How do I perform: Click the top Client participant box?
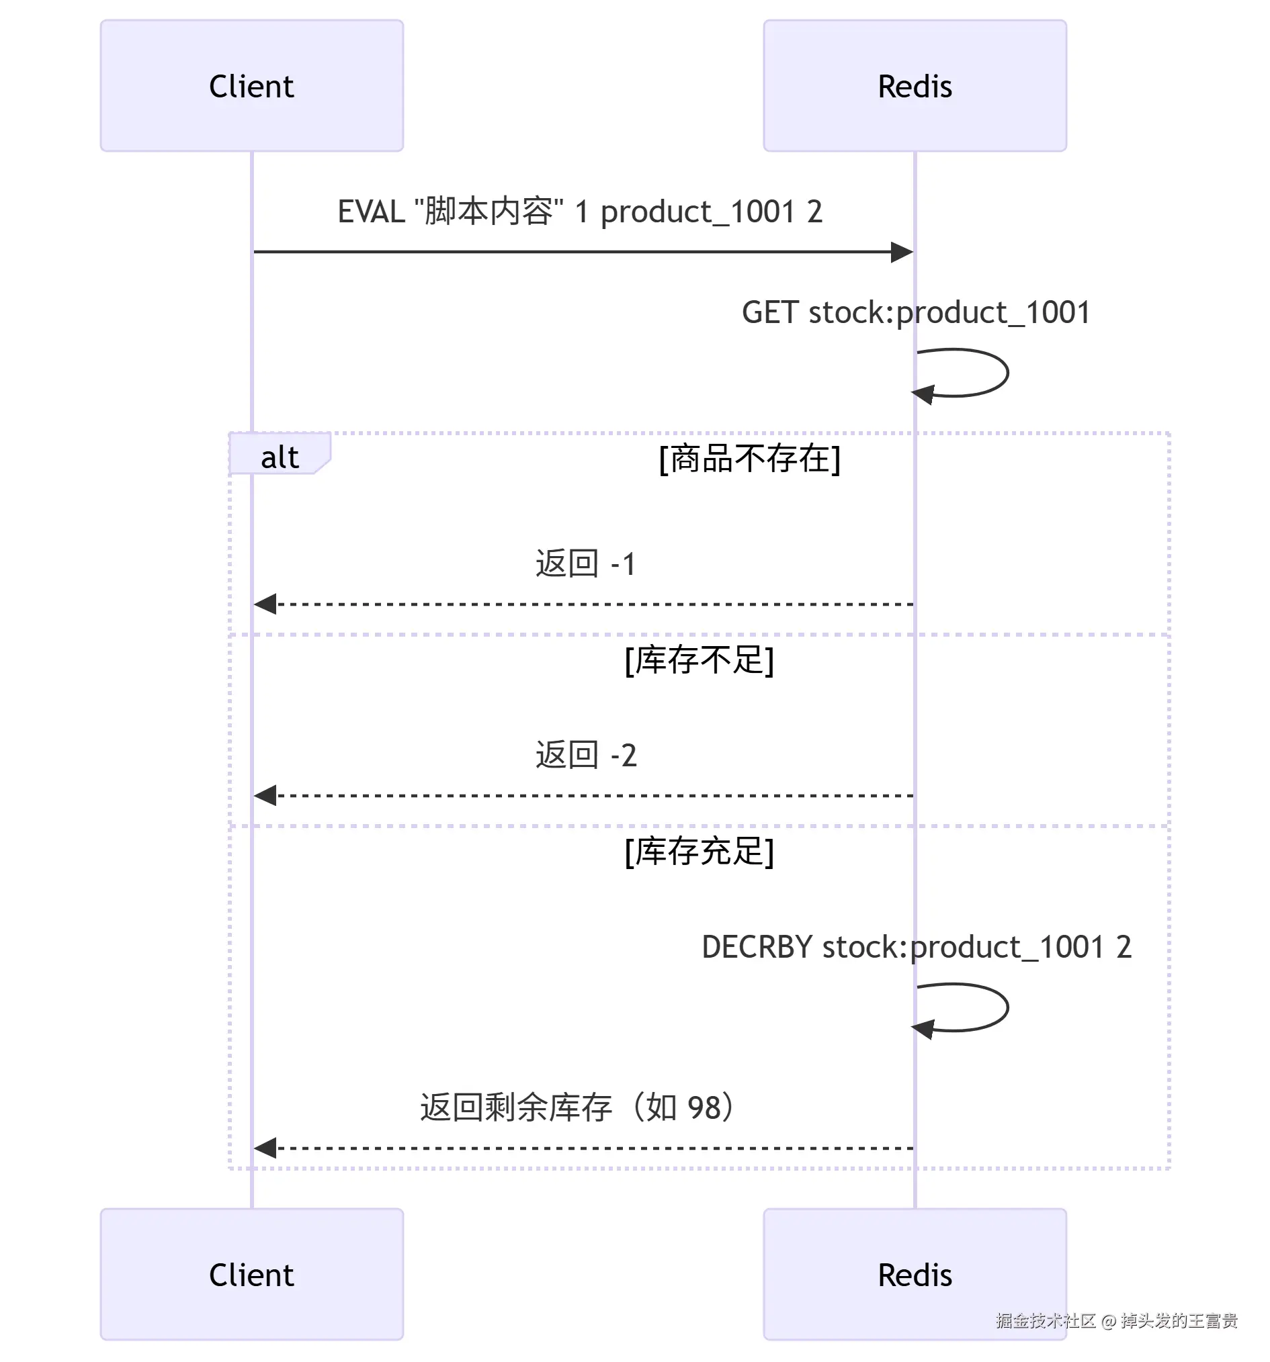251,86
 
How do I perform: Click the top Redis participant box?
914,86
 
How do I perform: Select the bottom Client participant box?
251,1273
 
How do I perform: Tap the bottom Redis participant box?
914,1273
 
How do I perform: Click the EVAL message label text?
579,211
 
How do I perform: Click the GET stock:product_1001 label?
915,312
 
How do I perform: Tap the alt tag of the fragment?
279,457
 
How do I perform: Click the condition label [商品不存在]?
749,458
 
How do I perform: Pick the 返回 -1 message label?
585,564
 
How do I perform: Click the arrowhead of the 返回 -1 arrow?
265,604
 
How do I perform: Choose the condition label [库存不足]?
699,660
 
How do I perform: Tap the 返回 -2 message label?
585,755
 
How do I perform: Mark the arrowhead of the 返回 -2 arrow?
265,794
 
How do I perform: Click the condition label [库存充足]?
699,851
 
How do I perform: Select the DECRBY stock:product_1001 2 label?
916,946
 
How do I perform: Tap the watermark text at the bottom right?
1116,1320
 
